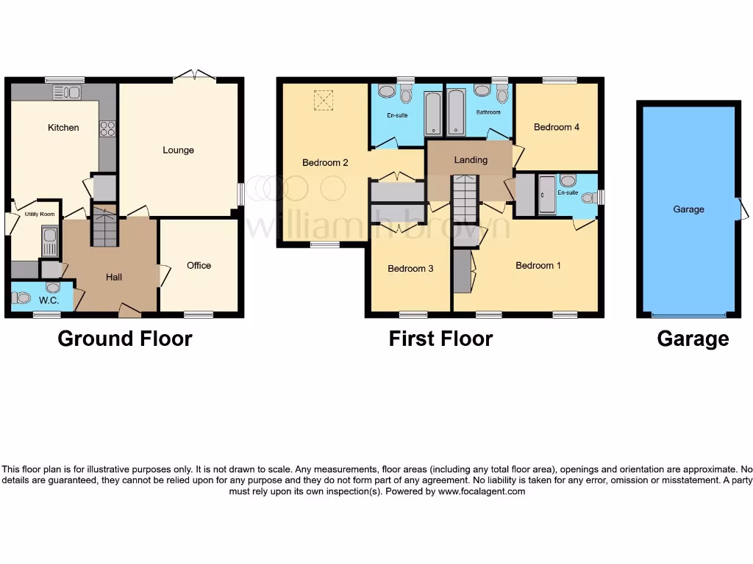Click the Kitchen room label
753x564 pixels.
[x=63, y=128]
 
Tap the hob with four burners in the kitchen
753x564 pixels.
[x=107, y=129]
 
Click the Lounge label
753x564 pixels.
[x=178, y=151]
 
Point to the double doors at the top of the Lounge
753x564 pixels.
[x=195, y=75]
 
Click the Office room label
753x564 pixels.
[x=199, y=266]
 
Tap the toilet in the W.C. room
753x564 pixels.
[x=21, y=298]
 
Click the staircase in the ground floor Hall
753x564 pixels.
[x=104, y=228]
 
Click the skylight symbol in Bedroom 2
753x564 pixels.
[x=323, y=101]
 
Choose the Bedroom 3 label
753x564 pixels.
[x=410, y=269]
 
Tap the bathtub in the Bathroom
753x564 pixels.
[x=456, y=113]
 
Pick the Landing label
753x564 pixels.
[x=471, y=160]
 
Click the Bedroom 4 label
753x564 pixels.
[x=557, y=127]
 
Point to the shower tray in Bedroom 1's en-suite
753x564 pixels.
[x=547, y=195]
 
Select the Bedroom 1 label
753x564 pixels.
[x=538, y=266]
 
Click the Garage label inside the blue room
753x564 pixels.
[x=688, y=209]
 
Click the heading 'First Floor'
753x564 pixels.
[x=440, y=339]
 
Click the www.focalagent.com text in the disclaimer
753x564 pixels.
[x=482, y=492]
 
